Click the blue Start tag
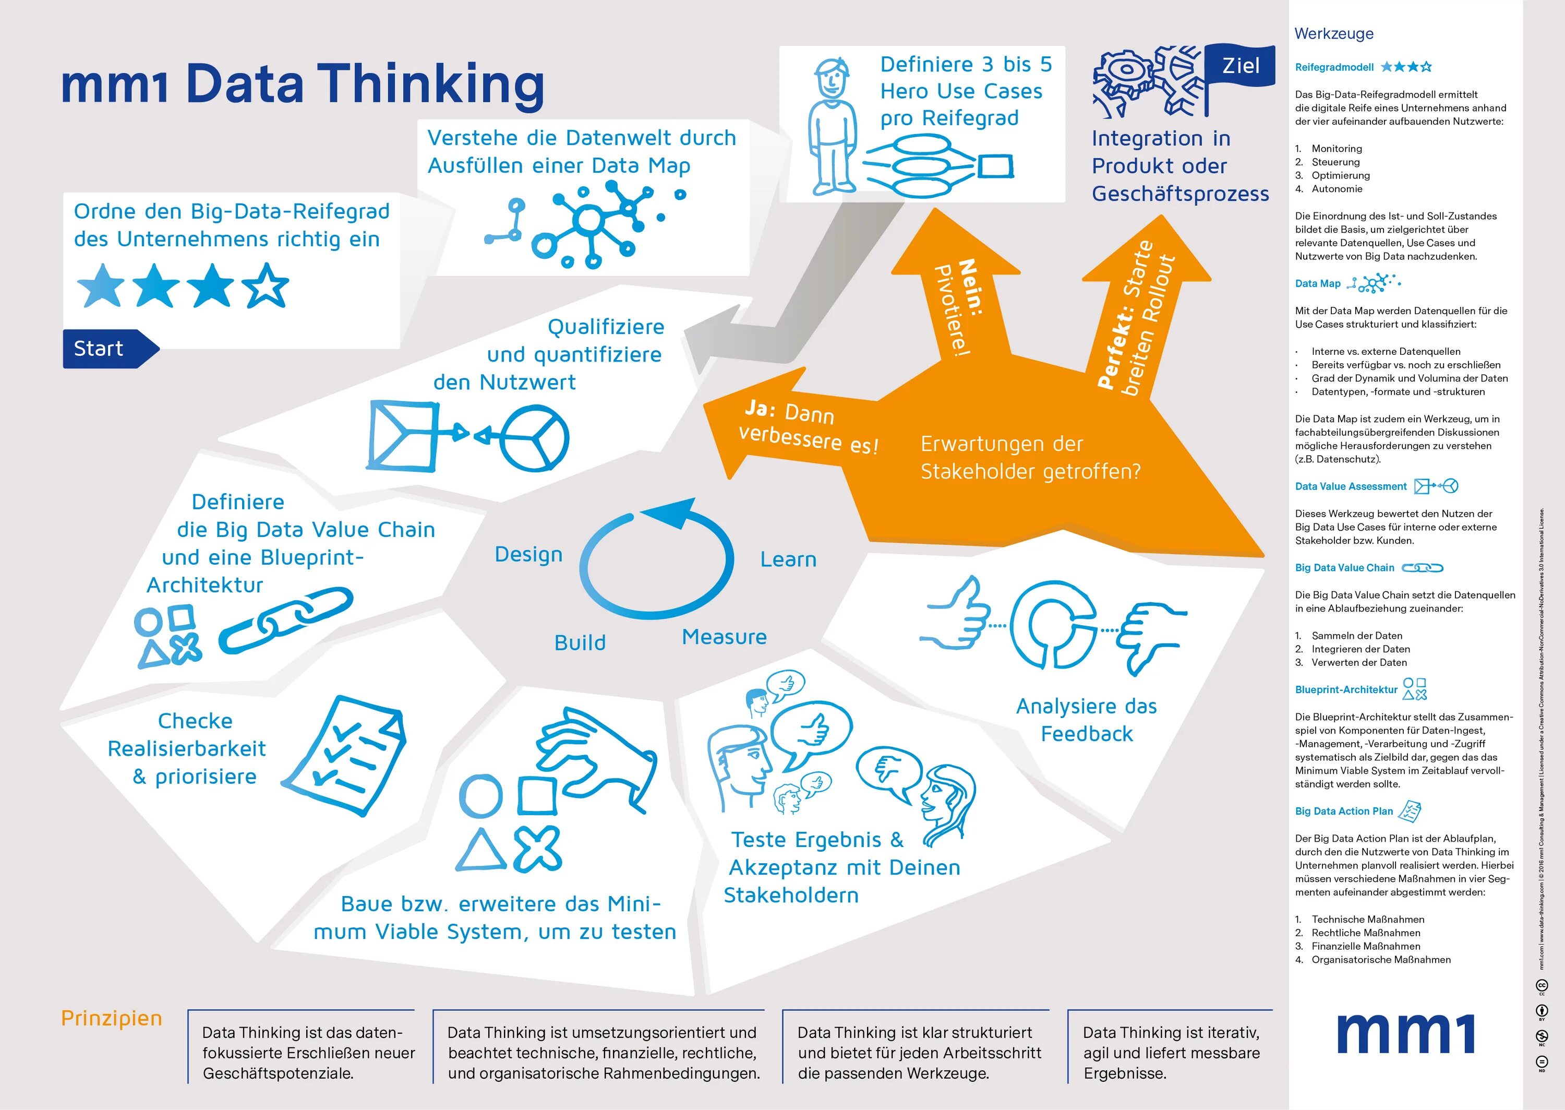pyautogui.click(x=102, y=349)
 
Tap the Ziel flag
pyautogui.click(x=1240, y=66)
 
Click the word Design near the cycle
pyautogui.click(x=528, y=554)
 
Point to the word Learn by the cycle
pyautogui.click(x=788, y=560)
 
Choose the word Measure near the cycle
pyautogui.click(x=724, y=637)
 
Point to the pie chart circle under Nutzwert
pyautogui.click(x=534, y=438)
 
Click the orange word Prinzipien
pyautogui.click(x=111, y=1018)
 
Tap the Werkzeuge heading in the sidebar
pyautogui.click(x=1333, y=33)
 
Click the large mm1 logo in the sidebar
pyautogui.click(x=1405, y=1033)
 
